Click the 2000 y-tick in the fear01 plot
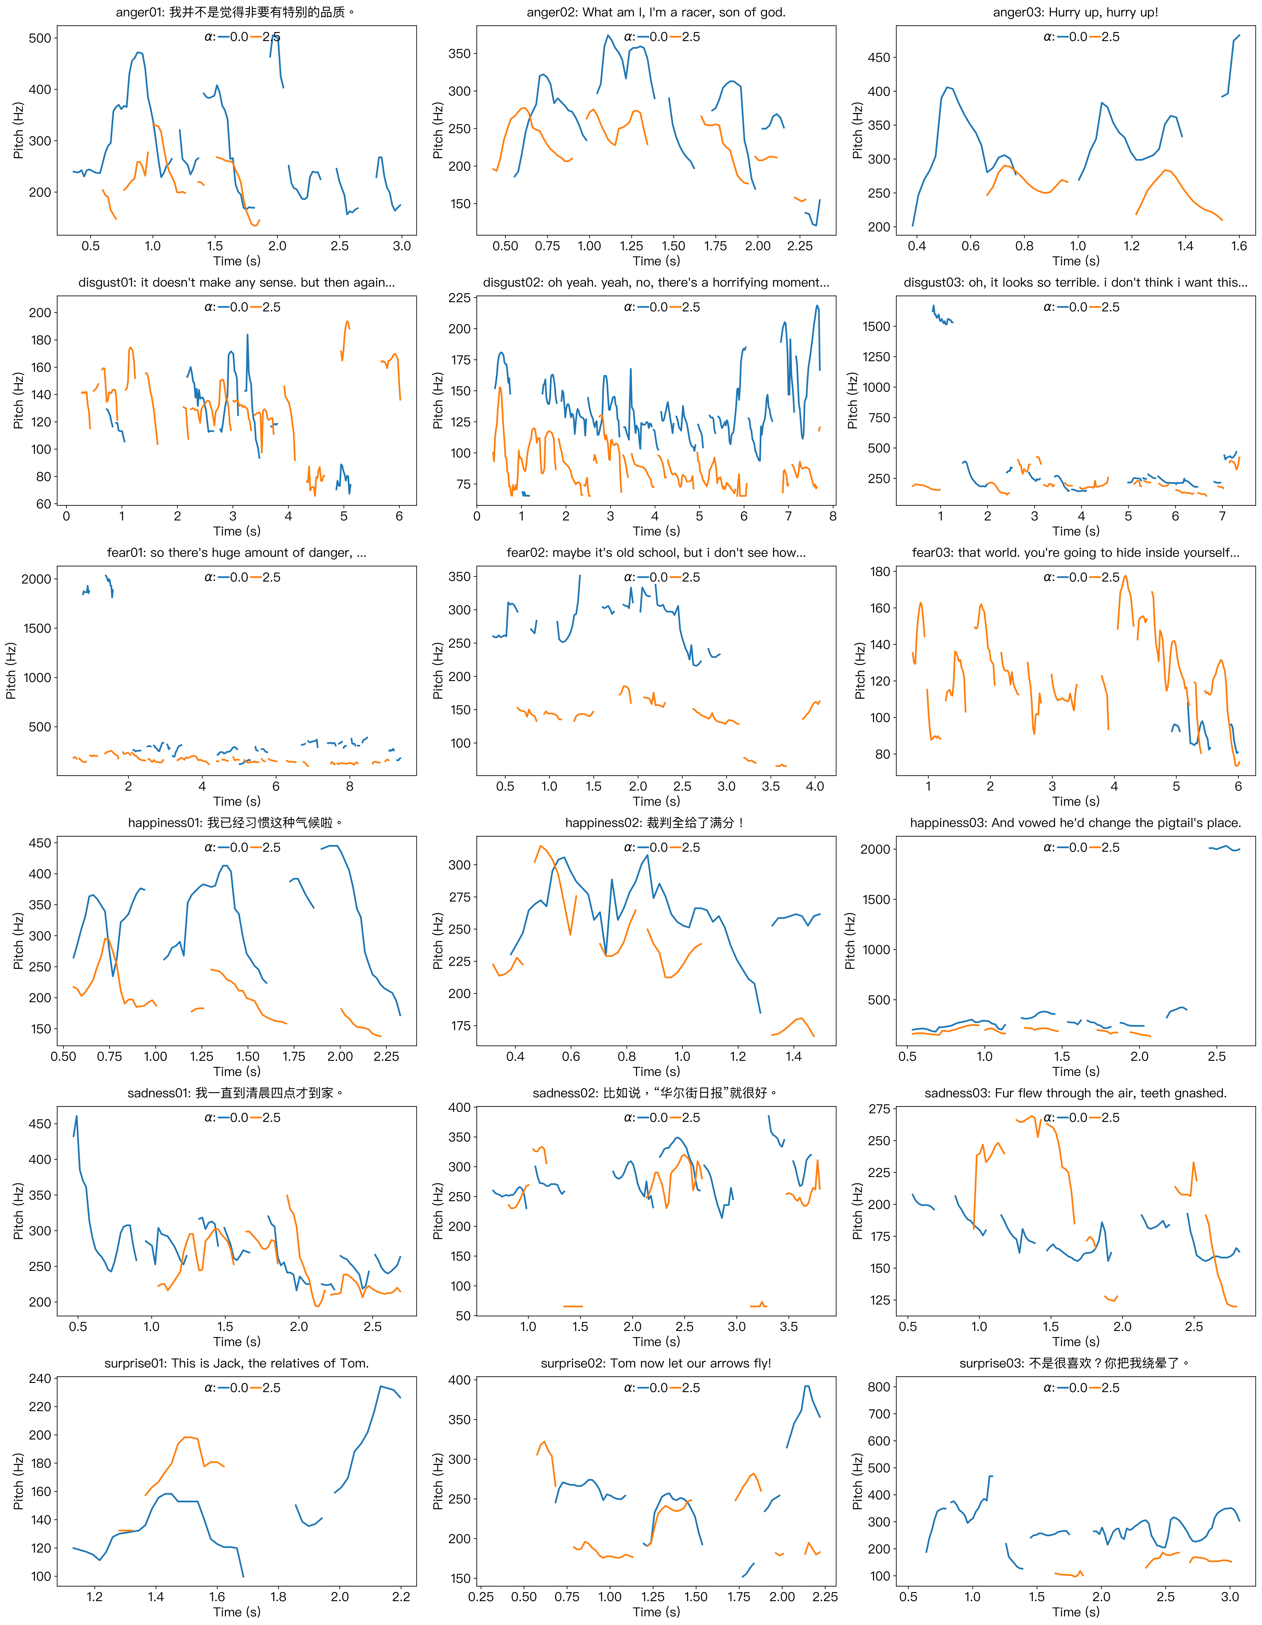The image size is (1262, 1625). tap(36, 579)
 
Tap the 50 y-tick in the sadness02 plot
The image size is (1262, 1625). tap(463, 1316)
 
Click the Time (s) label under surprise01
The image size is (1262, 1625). tap(237, 1612)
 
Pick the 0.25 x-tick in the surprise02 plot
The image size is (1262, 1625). tap(481, 1597)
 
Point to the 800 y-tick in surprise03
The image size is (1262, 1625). tap(879, 1387)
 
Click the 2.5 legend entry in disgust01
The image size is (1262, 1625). tap(271, 307)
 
